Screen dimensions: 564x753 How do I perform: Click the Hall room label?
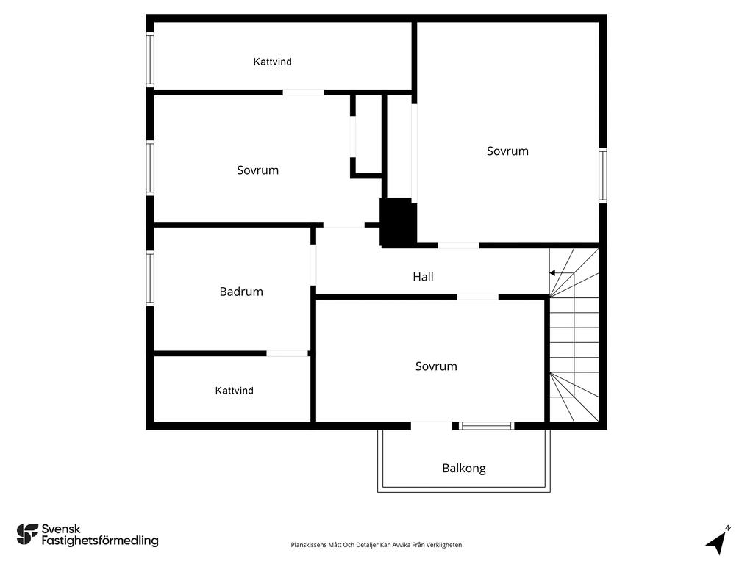pos(423,277)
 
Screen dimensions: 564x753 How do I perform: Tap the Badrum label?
pos(241,292)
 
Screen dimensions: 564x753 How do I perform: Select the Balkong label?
pos(463,468)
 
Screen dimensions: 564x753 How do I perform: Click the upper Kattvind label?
pos(273,62)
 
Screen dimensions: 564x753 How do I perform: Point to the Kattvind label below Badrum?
pos(234,391)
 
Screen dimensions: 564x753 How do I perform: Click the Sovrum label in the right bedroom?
pos(507,151)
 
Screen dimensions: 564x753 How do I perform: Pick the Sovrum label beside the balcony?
pos(436,366)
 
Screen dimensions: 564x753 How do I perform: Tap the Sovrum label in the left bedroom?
pos(257,170)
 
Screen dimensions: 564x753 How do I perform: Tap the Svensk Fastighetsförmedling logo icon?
pos(27,535)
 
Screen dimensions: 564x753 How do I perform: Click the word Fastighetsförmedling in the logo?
pos(100,541)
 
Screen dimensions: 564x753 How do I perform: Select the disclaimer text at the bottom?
pos(376,545)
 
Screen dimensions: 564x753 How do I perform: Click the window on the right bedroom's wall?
pos(602,176)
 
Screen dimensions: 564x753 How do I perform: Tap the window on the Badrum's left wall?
pos(150,278)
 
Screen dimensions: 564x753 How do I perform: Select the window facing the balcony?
pos(487,425)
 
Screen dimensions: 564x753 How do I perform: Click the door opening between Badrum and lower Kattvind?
pos(287,353)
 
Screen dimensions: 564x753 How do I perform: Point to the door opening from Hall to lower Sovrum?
pos(478,297)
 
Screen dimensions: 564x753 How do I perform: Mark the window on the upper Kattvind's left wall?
pos(150,59)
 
